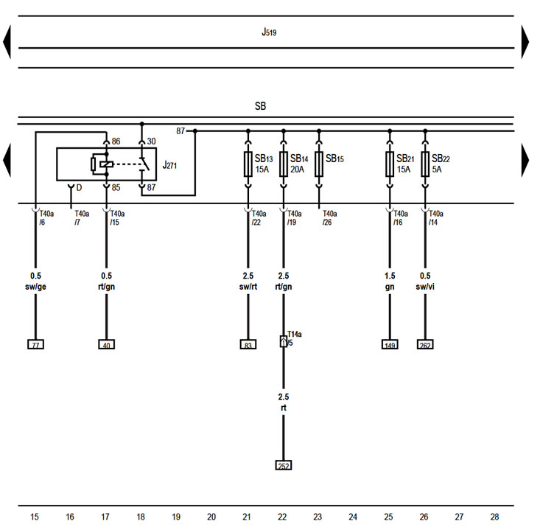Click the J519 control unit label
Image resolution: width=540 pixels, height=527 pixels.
pyautogui.click(x=269, y=32)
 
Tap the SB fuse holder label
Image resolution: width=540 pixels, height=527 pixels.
pyautogui.click(x=260, y=106)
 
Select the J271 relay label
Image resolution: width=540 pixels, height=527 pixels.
pyautogui.click(x=169, y=165)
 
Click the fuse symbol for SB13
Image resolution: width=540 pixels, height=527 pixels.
pyautogui.click(x=248, y=164)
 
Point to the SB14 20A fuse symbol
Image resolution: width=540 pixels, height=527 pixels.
pyautogui.click(x=284, y=164)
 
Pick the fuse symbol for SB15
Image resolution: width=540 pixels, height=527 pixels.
pyautogui.click(x=319, y=164)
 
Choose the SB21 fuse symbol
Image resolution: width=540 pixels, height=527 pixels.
pyautogui.click(x=390, y=164)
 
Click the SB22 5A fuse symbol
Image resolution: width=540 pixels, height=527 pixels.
pyautogui.click(x=425, y=164)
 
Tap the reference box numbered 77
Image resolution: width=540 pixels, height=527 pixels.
pyautogui.click(x=35, y=343)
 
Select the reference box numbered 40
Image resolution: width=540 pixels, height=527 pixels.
pyautogui.click(x=106, y=343)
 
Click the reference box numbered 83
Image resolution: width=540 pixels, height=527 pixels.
pyautogui.click(x=248, y=343)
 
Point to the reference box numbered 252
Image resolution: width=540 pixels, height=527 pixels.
pyautogui.click(x=284, y=465)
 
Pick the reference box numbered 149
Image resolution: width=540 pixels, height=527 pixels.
pyautogui.click(x=390, y=343)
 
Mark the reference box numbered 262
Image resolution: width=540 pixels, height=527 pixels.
pyautogui.click(x=425, y=343)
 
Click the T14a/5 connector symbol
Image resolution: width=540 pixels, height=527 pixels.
pyautogui.click(x=284, y=341)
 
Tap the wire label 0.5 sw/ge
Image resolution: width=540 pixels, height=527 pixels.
pyautogui.click(x=35, y=281)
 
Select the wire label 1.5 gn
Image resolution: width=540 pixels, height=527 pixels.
pyautogui.click(x=390, y=281)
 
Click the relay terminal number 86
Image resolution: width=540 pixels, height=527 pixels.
pyautogui.click(x=116, y=141)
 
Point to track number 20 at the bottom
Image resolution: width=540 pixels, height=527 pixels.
pyautogui.click(x=211, y=517)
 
